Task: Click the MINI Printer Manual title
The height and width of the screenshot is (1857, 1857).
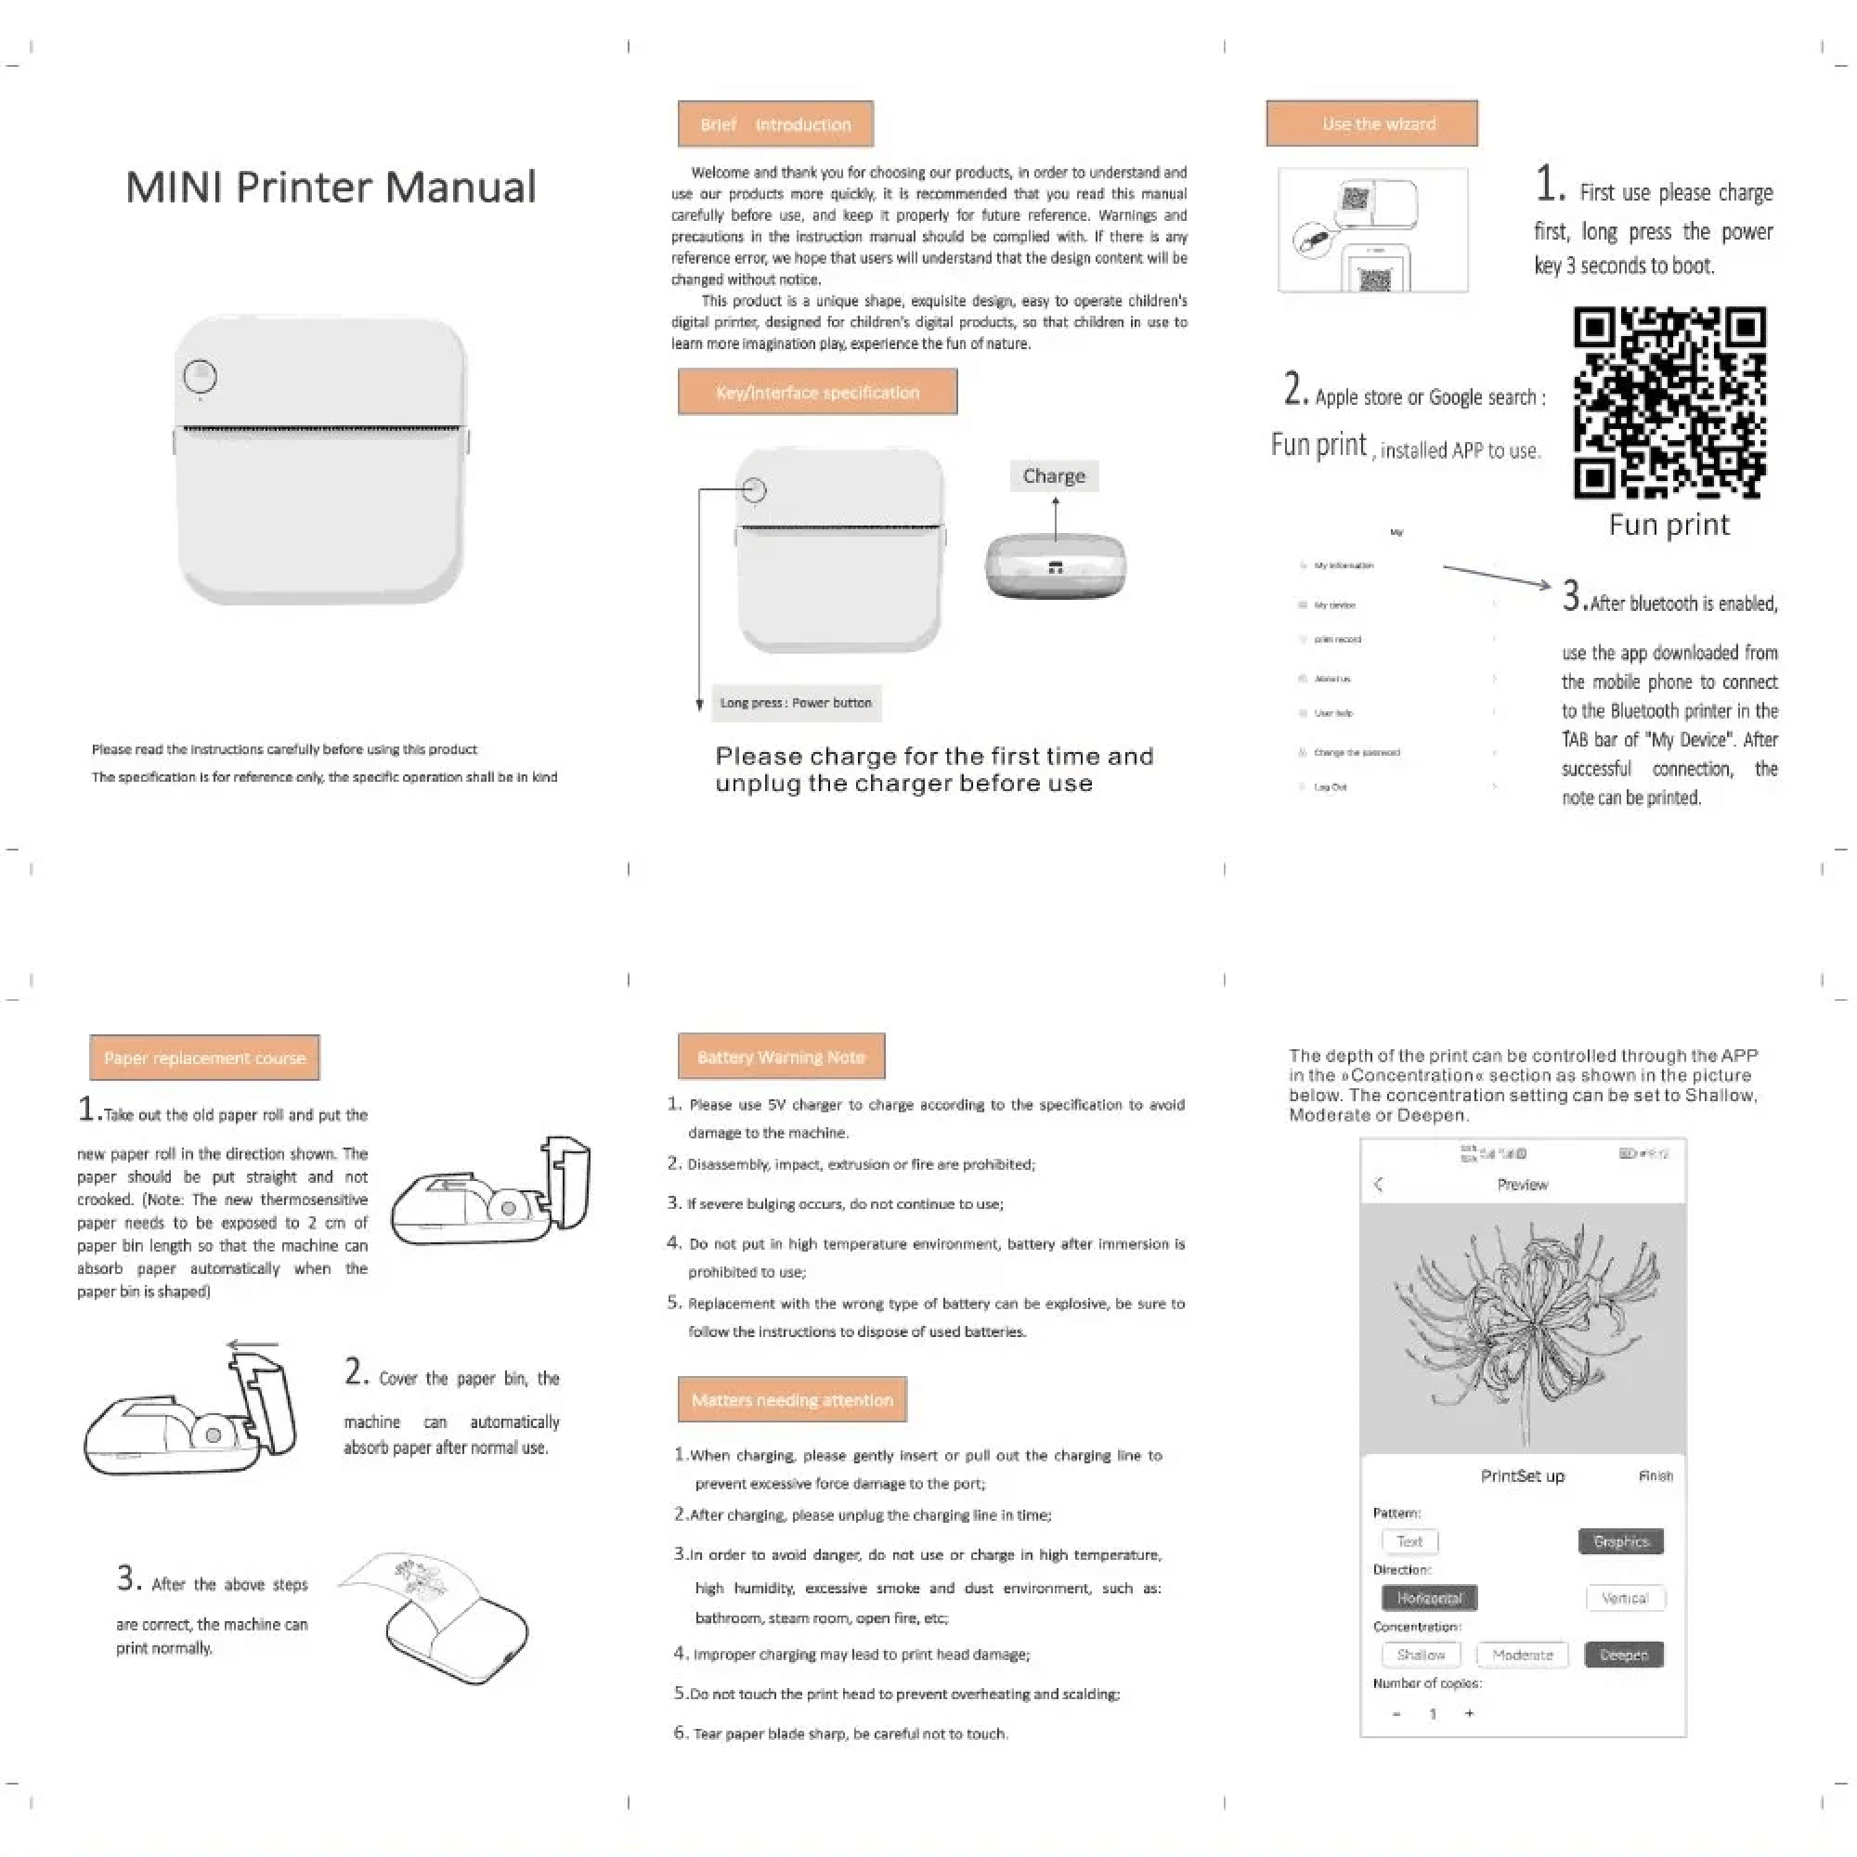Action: point(331,187)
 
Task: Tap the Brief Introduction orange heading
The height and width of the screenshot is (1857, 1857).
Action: point(774,124)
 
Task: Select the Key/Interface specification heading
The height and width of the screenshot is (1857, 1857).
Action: point(817,392)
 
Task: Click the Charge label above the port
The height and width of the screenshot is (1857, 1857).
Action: point(1054,475)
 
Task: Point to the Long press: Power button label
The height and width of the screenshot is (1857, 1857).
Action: point(796,703)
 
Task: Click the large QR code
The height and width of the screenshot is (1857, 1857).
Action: point(1669,402)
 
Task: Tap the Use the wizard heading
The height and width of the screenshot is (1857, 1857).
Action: point(1371,124)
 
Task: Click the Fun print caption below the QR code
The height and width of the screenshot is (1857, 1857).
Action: point(1669,525)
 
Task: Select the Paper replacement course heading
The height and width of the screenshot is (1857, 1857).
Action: point(204,1058)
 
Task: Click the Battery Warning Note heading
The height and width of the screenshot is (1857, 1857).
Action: point(781,1057)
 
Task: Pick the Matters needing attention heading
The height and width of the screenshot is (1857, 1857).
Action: point(792,1399)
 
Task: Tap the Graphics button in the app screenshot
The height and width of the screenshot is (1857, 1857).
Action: point(1620,1540)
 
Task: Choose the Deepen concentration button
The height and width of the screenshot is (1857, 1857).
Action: point(1623,1655)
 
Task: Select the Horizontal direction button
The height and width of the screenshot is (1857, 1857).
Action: point(1429,1597)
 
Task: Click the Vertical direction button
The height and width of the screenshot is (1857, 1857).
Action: point(1624,1597)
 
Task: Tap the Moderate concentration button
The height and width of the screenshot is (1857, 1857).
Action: point(1522,1655)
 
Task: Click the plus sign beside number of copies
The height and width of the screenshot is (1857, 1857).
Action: point(1469,1713)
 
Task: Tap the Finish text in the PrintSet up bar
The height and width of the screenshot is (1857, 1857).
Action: point(1656,1475)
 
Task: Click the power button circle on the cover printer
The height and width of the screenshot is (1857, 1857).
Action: point(200,376)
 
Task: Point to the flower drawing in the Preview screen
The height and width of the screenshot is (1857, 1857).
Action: point(1524,1331)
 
